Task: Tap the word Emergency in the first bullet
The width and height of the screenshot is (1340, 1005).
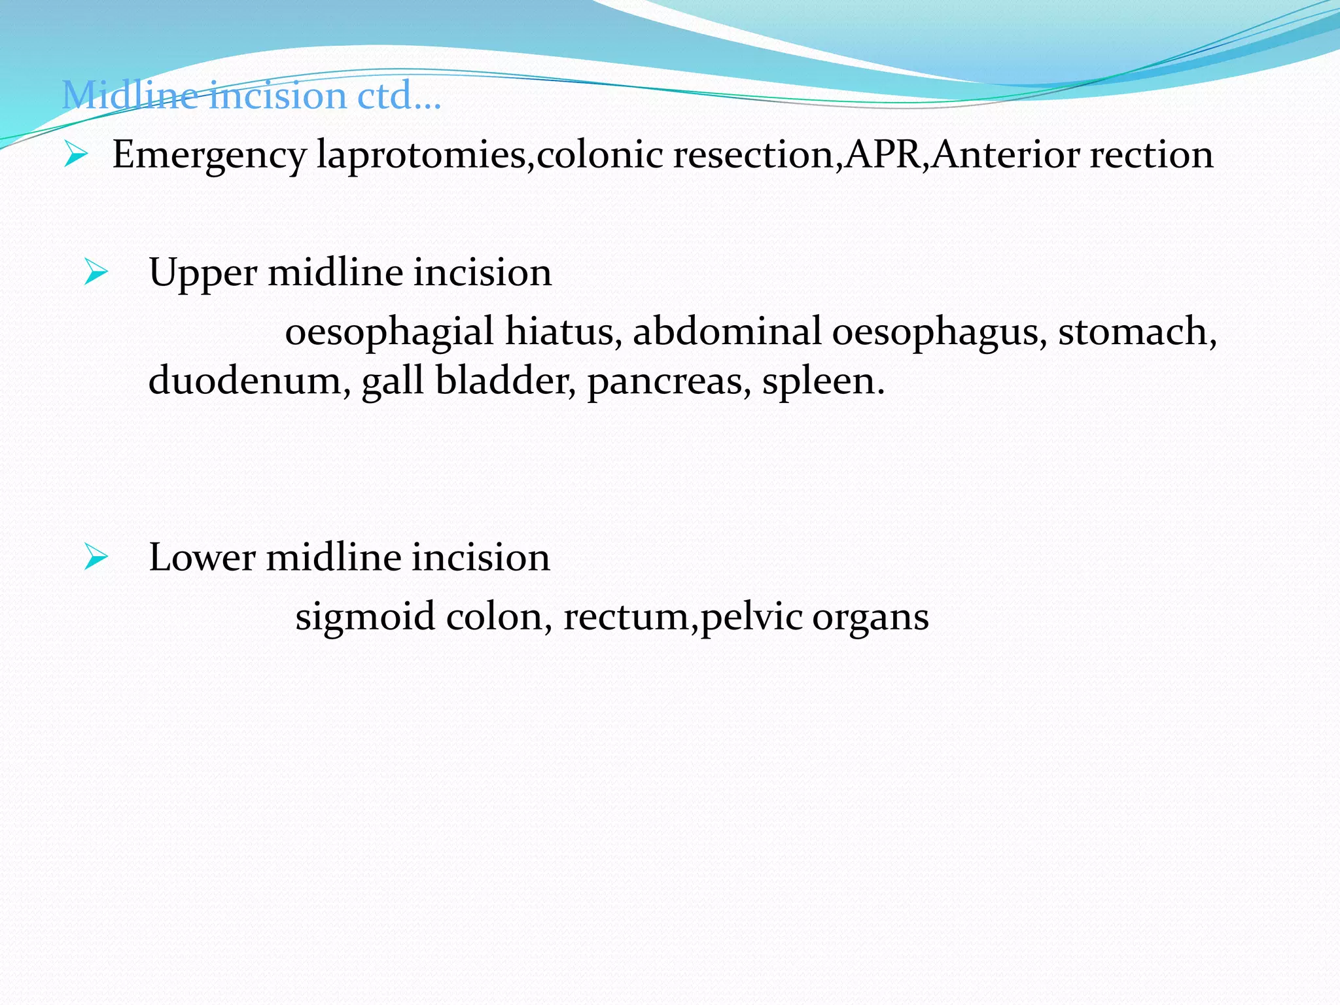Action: [209, 156]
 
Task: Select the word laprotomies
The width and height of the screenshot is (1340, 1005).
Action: [421, 156]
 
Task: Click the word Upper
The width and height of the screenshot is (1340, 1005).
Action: [202, 273]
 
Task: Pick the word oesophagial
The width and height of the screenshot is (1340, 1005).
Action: [389, 332]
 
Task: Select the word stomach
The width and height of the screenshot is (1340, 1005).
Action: [1135, 331]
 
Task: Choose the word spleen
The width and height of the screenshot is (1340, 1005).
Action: [822, 382]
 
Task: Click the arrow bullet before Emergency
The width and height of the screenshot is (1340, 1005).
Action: [76, 156]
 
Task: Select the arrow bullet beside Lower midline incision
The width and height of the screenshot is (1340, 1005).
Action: [96, 557]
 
